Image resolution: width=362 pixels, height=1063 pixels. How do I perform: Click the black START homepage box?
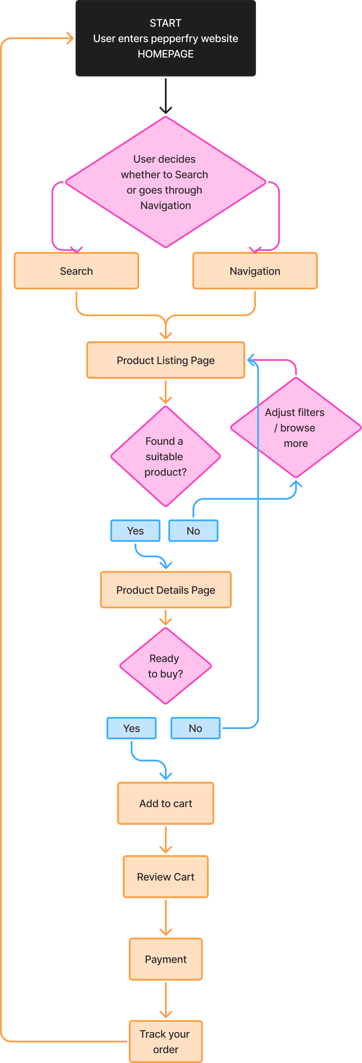[166, 38]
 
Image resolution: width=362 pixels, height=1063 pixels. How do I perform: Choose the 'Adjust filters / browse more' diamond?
[295, 428]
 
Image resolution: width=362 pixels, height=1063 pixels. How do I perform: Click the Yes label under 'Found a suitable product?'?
[135, 531]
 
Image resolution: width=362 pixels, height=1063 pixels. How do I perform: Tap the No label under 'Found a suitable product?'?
[193, 531]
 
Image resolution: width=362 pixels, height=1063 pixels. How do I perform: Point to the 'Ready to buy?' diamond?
[166, 666]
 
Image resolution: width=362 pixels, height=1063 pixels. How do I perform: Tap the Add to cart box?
[166, 803]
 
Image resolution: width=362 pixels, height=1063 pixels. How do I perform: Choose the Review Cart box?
[166, 876]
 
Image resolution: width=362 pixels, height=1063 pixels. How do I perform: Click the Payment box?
[166, 959]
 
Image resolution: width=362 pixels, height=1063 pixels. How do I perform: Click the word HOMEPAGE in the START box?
[166, 54]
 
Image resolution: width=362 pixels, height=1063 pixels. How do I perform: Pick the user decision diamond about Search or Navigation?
[166, 182]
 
